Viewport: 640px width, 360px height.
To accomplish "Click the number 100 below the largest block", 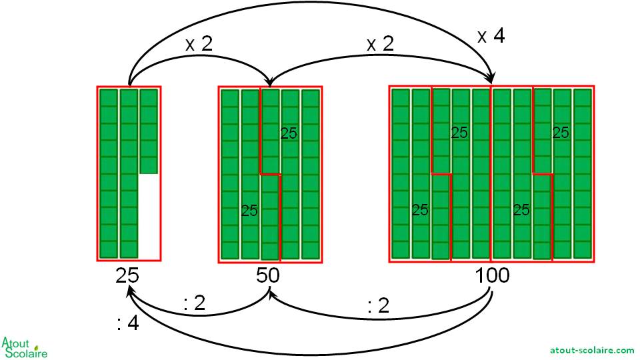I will (493, 275).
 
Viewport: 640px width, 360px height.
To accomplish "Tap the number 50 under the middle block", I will (267, 275).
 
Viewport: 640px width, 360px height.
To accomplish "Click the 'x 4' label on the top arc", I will (491, 36).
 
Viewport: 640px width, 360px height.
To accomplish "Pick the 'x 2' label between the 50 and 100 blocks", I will (380, 45).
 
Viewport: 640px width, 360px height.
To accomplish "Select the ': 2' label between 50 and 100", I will (378, 305).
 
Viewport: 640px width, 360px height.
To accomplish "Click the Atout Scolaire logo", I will (25, 347).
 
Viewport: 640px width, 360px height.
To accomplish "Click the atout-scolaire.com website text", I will (592, 349).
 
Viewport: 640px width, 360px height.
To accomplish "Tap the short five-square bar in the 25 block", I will (149, 131).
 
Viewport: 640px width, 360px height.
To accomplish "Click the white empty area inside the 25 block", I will (149, 217).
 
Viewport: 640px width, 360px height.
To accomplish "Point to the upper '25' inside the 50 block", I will (289, 133).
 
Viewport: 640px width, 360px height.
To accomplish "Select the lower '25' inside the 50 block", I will (249, 211).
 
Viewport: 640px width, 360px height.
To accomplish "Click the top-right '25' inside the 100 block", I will (561, 133).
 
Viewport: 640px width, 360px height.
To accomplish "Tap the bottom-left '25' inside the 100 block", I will (420, 210).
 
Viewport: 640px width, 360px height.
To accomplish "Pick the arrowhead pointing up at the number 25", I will (131, 292).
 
